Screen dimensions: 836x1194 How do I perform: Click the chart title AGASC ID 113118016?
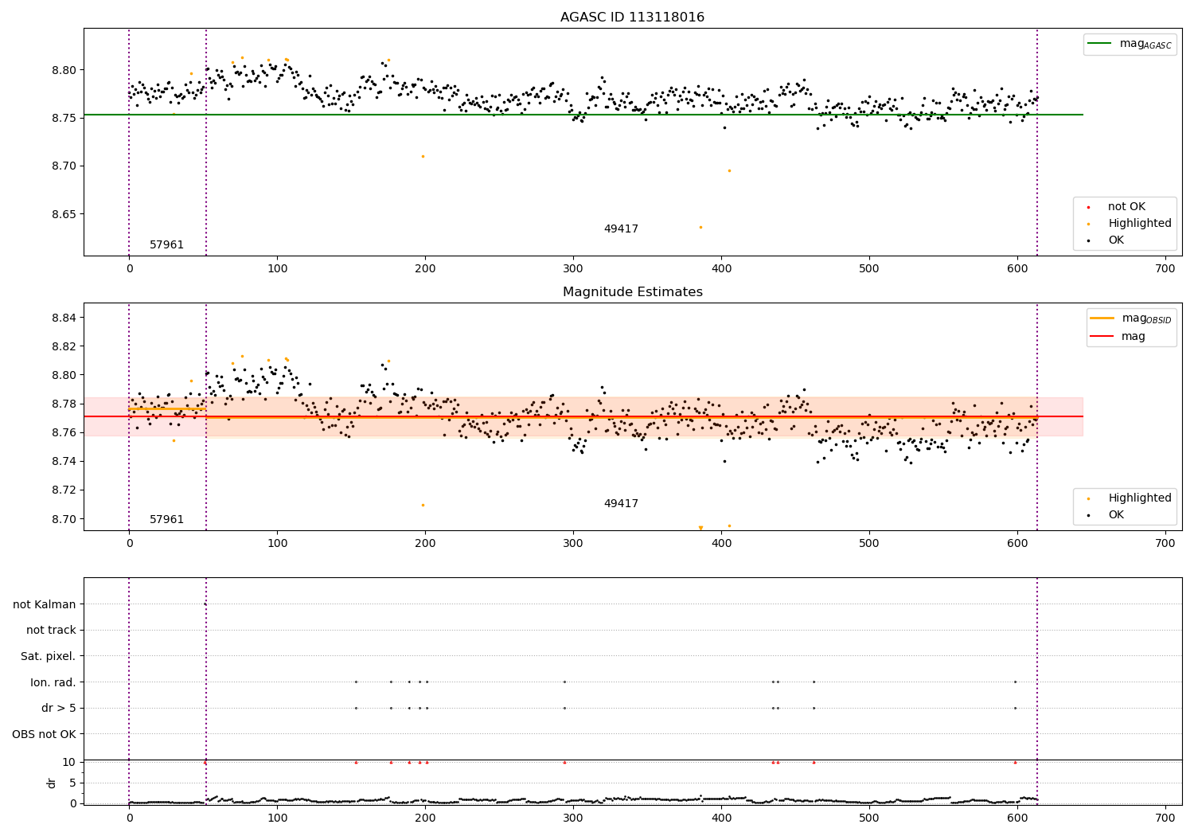click(632, 18)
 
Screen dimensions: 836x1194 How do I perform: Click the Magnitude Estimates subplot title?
click(632, 292)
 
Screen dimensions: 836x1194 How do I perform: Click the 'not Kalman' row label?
click(45, 604)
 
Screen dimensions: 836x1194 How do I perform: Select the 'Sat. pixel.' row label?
click(49, 656)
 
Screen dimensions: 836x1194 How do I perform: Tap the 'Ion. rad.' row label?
click(53, 682)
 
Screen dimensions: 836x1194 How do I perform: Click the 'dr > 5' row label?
click(59, 708)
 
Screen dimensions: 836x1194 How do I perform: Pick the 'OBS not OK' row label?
click(45, 734)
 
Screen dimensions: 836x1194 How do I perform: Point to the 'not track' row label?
click(51, 630)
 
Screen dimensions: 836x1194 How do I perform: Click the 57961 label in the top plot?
click(166, 244)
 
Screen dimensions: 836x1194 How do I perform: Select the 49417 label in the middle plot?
click(621, 503)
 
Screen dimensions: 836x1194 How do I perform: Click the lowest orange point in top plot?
click(700, 227)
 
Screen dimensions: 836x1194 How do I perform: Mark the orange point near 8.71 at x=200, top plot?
click(423, 156)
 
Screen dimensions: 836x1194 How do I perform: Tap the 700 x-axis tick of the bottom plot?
click(1165, 818)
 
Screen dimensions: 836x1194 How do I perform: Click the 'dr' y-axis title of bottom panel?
click(52, 783)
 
